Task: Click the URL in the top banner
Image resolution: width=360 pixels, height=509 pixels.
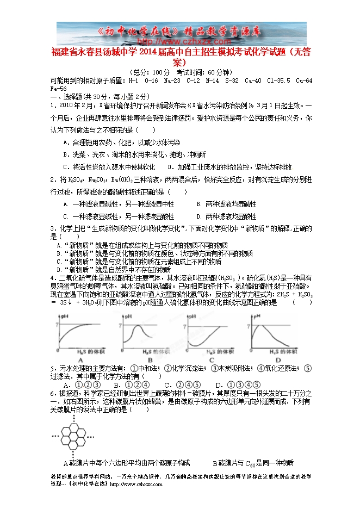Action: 179,41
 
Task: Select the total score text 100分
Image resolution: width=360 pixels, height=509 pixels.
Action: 160,72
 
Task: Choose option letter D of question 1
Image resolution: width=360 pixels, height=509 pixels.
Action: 170,167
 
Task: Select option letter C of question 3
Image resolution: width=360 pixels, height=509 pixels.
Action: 59,261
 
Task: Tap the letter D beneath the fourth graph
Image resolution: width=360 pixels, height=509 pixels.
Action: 278,359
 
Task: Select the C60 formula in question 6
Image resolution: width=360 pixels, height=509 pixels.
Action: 249,464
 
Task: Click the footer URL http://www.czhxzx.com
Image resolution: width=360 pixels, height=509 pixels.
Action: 138,483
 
